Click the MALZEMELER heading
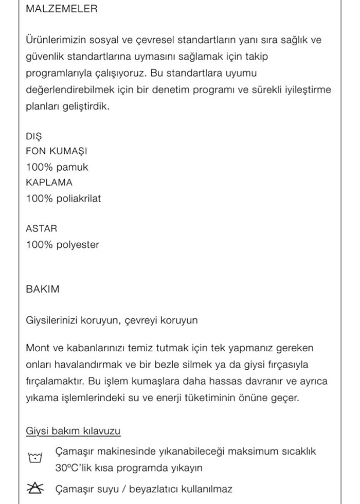[x=61, y=9]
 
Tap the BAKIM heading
[x=42, y=289]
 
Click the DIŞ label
[x=33, y=136]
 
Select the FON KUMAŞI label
[x=57, y=151]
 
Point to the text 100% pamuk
[x=57, y=167]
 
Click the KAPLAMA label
[x=49, y=182]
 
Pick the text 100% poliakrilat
[x=63, y=199]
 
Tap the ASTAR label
[x=41, y=228]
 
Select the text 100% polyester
[x=62, y=245]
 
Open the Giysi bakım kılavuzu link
[x=74, y=430]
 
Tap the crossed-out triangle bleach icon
[x=35, y=489]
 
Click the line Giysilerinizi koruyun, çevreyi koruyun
[x=112, y=320]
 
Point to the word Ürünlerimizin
[x=54, y=40]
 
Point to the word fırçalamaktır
[x=56, y=382]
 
